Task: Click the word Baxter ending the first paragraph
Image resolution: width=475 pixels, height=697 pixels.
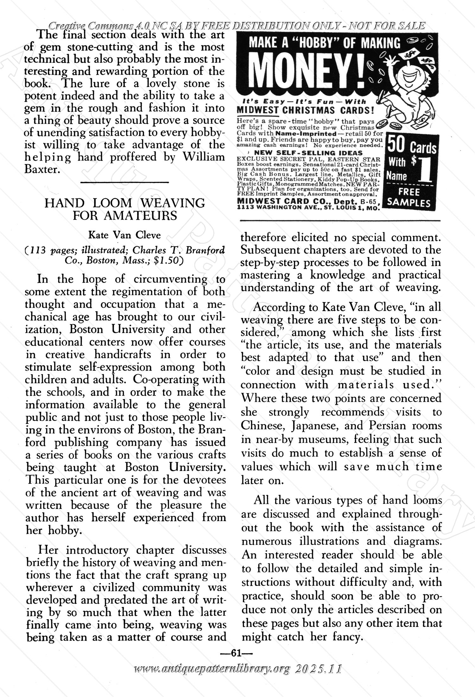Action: coord(42,169)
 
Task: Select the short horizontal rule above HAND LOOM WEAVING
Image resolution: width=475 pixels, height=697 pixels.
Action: coord(124,182)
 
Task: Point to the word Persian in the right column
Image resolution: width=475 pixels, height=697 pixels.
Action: coord(387,425)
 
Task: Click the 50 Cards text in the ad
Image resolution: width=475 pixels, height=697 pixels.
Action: coord(412,147)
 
